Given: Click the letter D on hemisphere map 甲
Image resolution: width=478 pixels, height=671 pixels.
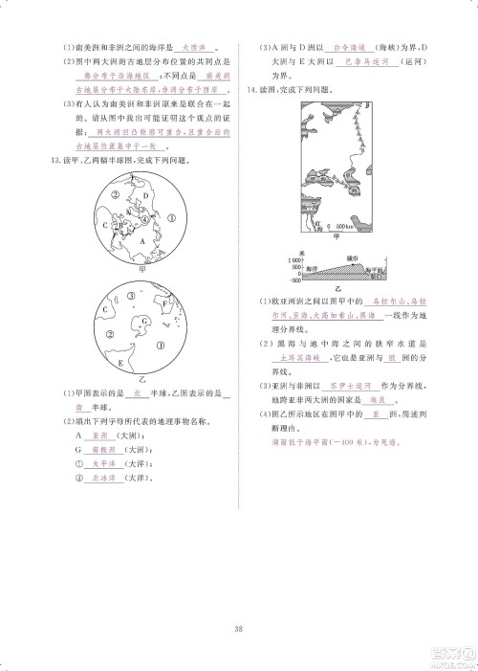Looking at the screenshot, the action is coord(146,199).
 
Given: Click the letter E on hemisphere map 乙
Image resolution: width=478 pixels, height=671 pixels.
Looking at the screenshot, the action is coord(119,364).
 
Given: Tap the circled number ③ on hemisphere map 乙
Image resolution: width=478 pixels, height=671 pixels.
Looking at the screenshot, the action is coord(111,335).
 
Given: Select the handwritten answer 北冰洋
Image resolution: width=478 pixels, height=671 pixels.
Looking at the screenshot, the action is coord(101,477).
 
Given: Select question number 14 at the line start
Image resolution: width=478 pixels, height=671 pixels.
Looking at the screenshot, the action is coord(250,89).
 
